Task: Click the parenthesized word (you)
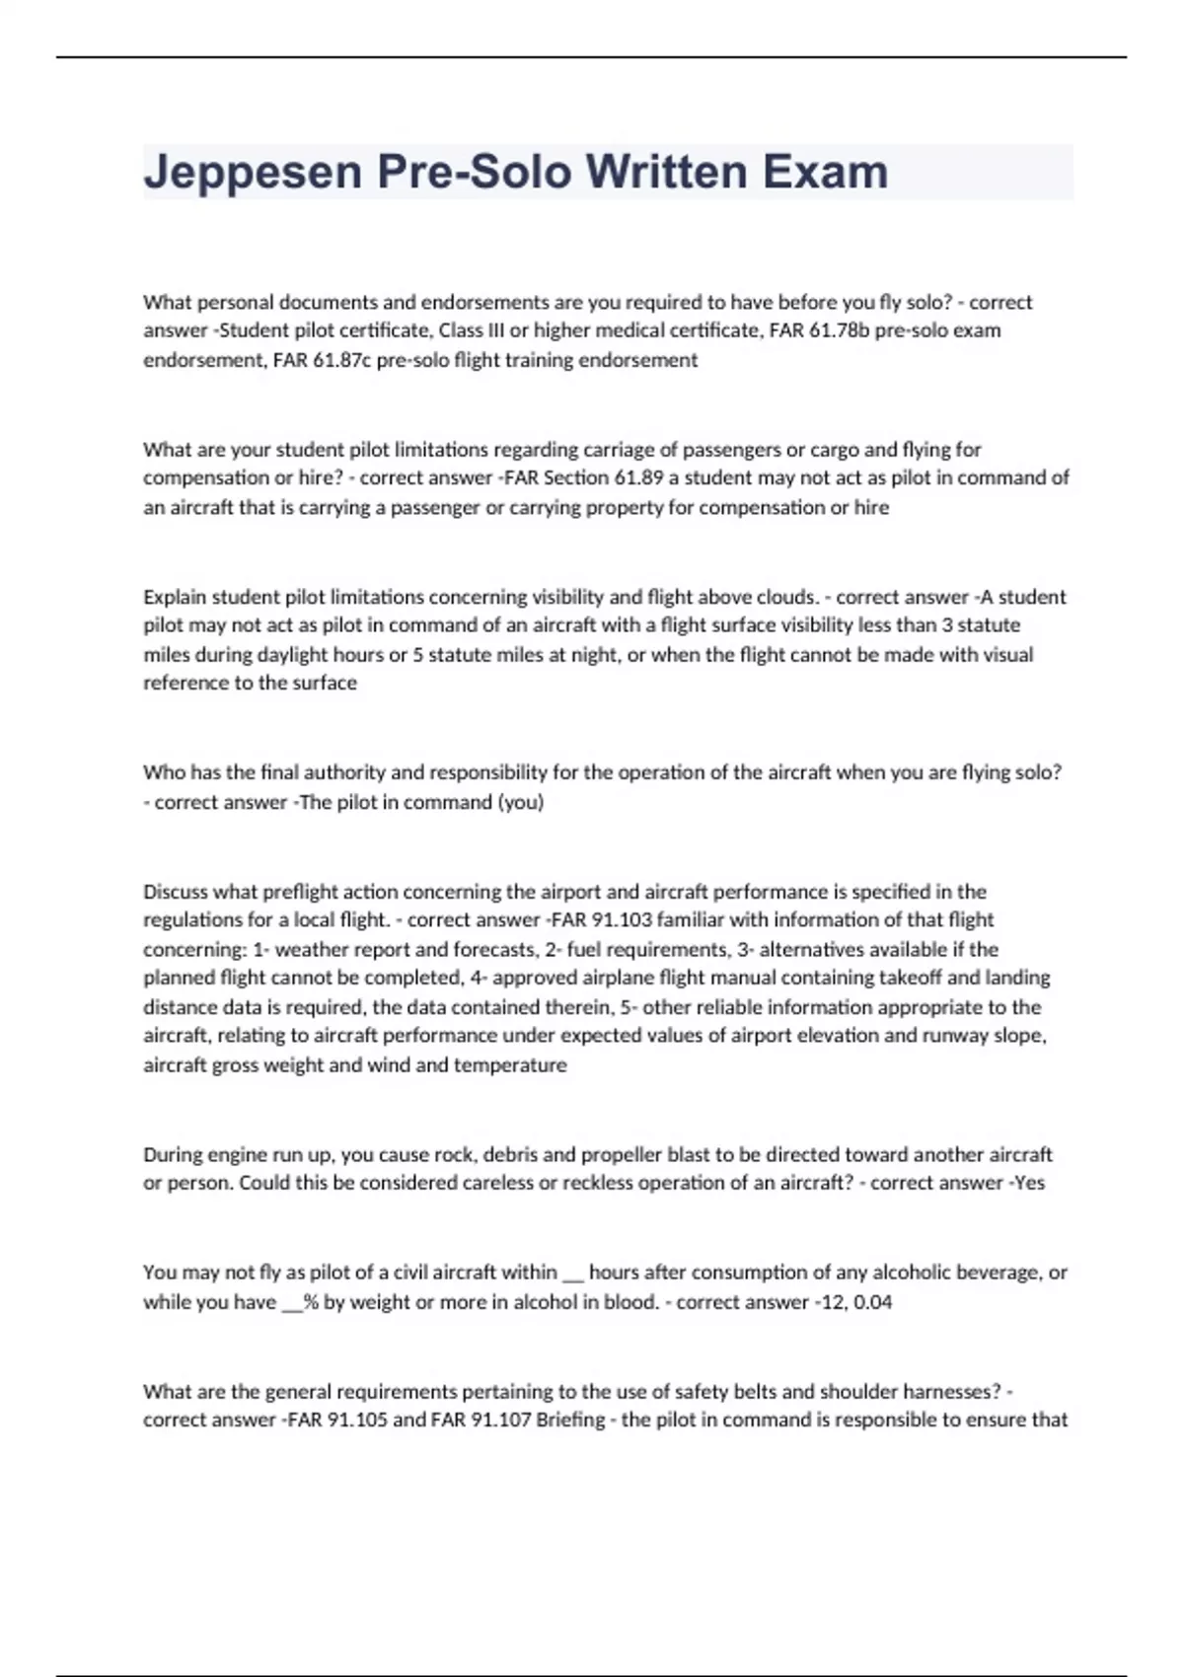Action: (x=520, y=802)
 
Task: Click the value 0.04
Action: (x=871, y=1302)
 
